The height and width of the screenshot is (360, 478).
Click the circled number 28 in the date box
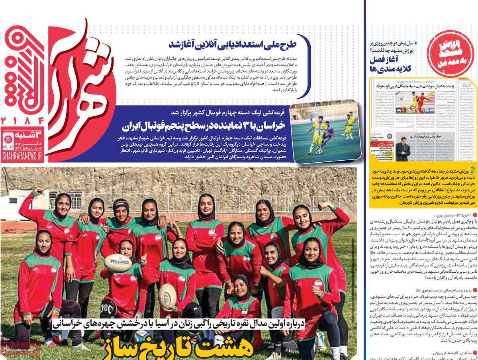(x=8, y=139)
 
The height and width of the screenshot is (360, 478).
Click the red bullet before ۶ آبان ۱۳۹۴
(x=474, y=216)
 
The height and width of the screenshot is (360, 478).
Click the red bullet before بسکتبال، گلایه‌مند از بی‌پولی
(x=474, y=353)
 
